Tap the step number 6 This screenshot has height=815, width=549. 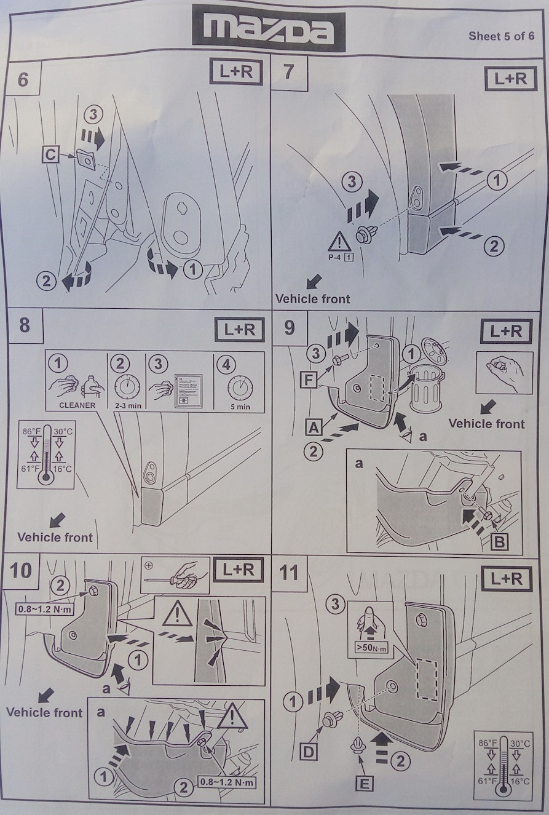tap(23, 80)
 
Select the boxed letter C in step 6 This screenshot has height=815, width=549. tap(51, 156)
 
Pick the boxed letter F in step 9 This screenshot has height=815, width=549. tap(309, 380)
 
